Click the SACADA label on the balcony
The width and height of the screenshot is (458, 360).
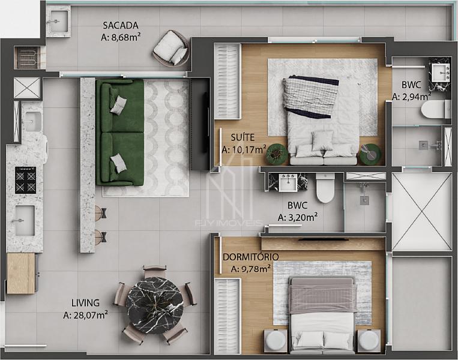pyautogui.click(x=120, y=25)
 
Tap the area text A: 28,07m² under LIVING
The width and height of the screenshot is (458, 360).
pyautogui.click(x=86, y=315)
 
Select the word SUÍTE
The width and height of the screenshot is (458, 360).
pyautogui.click(x=243, y=137)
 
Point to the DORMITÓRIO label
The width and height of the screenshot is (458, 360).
pyautogui.click(x=251, y=257)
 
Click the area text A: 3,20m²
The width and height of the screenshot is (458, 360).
pyautogui.click(x=298, y=217)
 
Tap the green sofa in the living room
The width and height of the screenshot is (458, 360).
pyautogui.click(x=120, y=133)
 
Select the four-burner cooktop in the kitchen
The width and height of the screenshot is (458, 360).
pyautogui.click(x=26, y=180)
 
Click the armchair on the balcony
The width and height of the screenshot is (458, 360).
pyautogui.click(x=170, y=47)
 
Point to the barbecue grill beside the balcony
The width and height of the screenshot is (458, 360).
pyautogui.click(x=29, y=57)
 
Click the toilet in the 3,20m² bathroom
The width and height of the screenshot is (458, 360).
pyautogui.click(x=326, y=188)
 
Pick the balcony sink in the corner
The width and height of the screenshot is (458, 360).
pyautogui.click(x=58, y=22)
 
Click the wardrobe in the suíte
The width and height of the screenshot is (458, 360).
pyautogui.click(x=227, y=81)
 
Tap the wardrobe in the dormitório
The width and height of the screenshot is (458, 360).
pyautogui.click(x=227, y=316)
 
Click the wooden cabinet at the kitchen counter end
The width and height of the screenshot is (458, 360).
pyautogui.click(x=21, y=273)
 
